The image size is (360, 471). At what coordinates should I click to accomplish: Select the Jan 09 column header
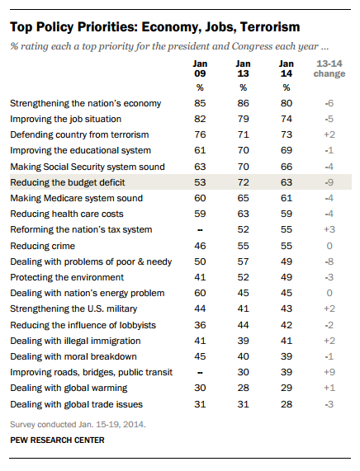(x=200, y=68)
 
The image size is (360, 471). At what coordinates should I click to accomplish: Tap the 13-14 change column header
(x=329, y=68)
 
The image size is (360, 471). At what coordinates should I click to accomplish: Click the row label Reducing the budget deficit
(x=68, y=182)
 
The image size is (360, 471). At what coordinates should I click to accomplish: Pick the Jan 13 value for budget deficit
(x=243, y=182)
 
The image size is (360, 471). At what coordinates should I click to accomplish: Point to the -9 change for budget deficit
(x=329, y=182)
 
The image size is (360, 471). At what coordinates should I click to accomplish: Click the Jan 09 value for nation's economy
(x=200, y=103)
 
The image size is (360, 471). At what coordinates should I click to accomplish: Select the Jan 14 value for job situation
(x=287, y=119)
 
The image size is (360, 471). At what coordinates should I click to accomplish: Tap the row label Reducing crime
(x=42, y=246)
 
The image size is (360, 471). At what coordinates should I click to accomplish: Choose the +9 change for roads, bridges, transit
(x=329, y=372)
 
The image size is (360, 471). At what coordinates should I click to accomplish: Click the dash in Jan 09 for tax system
(x=200, y=230)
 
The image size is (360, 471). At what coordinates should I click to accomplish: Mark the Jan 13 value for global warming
(x=243, y=388)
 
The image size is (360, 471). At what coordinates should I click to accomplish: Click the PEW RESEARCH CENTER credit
(x=57, y=440)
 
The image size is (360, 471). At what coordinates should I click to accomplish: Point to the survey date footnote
(x=78, y=425)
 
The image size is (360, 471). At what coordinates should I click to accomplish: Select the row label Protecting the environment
(x=67, y=277)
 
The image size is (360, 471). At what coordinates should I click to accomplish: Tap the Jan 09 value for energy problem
(x=200, y=293)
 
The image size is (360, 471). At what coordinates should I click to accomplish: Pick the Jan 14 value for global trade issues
(x=287, y=404)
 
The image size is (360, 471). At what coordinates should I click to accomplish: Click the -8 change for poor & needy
(x=329, y=261)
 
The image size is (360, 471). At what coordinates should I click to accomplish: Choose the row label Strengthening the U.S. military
(x=73, y=309)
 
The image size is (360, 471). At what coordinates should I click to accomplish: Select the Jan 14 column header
(x=287, y=68)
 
